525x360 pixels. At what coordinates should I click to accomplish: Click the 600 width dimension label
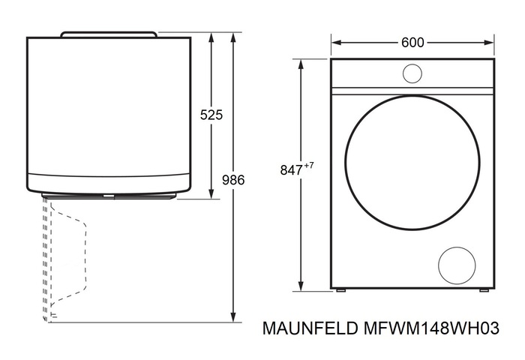pyautogui.click(x=412, y=43)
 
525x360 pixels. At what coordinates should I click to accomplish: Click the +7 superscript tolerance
pyautogui.click(x=307, y=166)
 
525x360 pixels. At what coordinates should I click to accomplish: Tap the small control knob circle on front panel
pyautogui.click(x=412, y=73)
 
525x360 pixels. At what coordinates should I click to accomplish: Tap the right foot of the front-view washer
pyautogui.click(x=483, y=290)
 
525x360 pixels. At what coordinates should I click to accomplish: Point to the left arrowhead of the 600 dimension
pyautogui.click(x=334, y=43)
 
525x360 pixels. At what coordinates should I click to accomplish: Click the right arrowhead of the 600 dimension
pyautogui.click(x=491, y=43)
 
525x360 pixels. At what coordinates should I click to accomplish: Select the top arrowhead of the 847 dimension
pyautogui.click(x=302, y=64)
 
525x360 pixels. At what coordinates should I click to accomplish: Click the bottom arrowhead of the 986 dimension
pyautogui.click(x=234, y=317)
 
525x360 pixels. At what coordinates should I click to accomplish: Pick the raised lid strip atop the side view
pyautogui.click(x=109, y=34)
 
